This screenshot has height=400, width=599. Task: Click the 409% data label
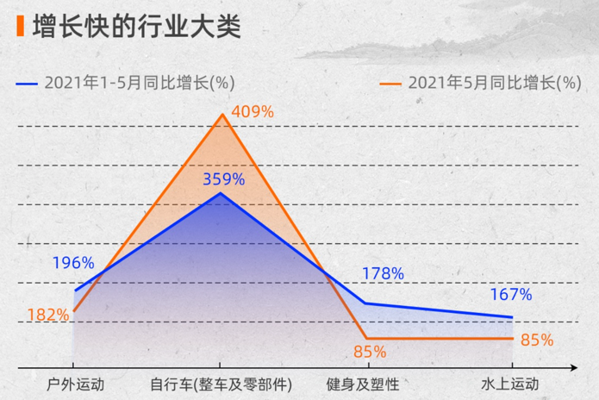click(x=253, y=112)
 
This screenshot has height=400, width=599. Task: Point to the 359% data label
click(x=223, y=180)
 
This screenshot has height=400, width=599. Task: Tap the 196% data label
click(x=72, y=263)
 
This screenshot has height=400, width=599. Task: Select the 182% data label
click(x=48, y=315)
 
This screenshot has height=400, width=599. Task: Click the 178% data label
click(x=383, y=274)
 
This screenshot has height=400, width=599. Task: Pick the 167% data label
click(x=511, y=295)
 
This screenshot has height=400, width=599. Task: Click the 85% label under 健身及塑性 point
click(x=370, y=352)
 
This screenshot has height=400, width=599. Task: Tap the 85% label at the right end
click(x=537, y=340)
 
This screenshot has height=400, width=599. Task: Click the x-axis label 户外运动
click(x=75, y=383)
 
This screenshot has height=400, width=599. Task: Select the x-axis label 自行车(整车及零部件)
click(x=222, y=383)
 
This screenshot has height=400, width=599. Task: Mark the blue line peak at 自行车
click(x=222, y=193)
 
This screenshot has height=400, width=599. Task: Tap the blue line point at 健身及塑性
click(x=365, y=303)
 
